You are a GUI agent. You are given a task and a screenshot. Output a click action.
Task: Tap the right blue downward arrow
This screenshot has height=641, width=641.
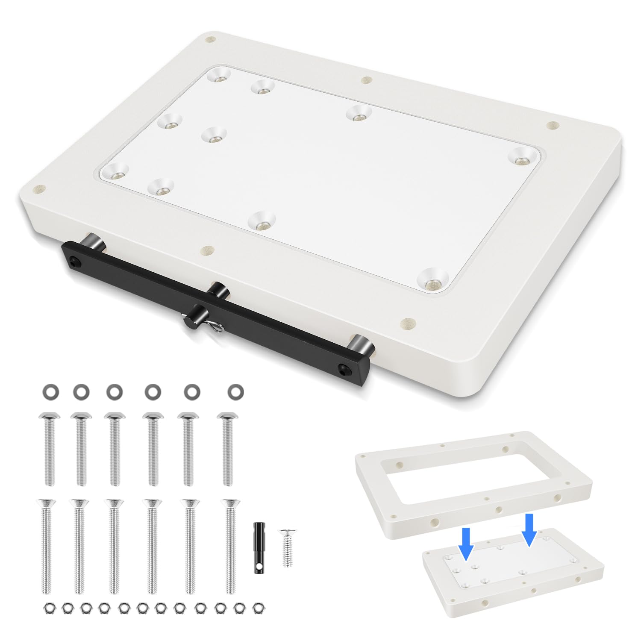[529, 529]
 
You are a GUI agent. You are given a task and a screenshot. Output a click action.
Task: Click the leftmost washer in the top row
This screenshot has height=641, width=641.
[50, 391]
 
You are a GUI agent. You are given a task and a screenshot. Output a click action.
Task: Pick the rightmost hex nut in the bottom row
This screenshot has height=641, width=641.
[257, 607]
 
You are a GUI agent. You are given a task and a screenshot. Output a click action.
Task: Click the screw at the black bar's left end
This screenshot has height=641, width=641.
[76, 260]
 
